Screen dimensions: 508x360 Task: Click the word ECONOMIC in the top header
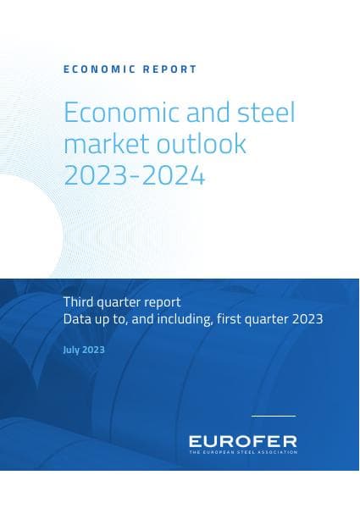(94, 69)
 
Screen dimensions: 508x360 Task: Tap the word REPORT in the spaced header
(170, 69)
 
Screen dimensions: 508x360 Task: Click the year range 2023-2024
(134, 175)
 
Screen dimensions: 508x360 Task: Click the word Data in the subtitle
(77, 319)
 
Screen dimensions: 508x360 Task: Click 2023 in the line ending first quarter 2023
(307, 319)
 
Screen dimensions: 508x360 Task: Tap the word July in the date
(73, 349)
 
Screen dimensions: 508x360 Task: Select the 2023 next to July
(95, 349)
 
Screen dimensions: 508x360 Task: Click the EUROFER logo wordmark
(242, 441)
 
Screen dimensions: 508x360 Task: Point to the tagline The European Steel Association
(242, 453)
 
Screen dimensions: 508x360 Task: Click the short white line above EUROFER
(273, 416)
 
